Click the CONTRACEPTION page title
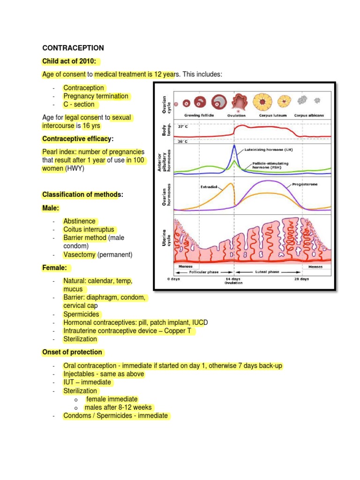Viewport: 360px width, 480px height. [x=73, y=48]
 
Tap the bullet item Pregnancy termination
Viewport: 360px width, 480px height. [x=96, y=96]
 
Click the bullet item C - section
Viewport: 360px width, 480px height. [x=79, y=105]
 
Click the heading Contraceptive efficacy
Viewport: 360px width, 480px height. [x=78, y=139]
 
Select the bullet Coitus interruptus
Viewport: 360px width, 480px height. [x=90, y=230]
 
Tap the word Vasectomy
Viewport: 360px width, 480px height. [x=80, y=255]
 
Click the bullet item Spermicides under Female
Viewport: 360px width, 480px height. [x=82, y=315]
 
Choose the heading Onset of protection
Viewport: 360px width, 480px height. [x=73, y=352]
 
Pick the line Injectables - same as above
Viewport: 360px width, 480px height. [x=104, y=374]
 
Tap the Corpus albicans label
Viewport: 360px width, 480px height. [x=309, y=115]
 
